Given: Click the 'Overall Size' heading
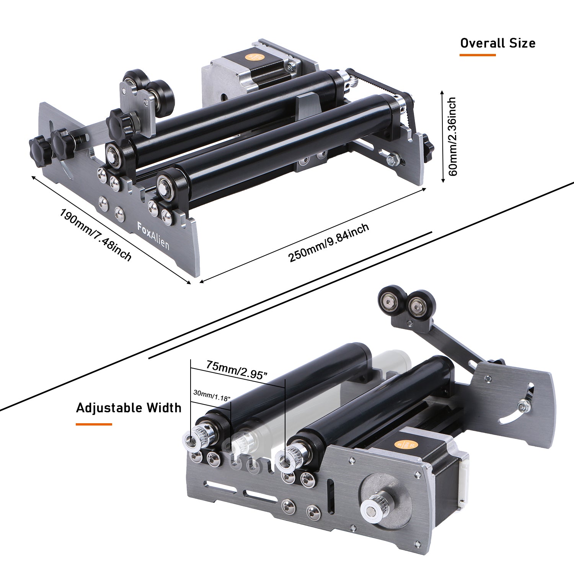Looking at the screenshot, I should tap(497, 43).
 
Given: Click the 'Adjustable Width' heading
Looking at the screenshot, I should tap(129, 408).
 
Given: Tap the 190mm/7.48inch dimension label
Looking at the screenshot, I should tap(96, 234).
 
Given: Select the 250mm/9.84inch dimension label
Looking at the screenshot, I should tap(329, 243).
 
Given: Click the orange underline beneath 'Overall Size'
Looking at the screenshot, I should tap(478, 55).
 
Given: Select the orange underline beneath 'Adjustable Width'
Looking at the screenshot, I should tap(94, 424).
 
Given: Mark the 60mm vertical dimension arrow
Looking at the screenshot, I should tap(442, 137).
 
